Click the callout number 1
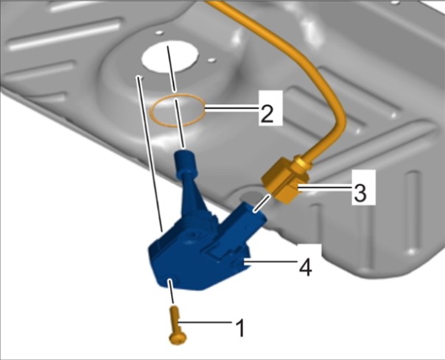click(240, 328)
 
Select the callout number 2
click(267, 113)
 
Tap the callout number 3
click(360, 192)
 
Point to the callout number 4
click(305, 267)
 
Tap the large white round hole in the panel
click(170, 56)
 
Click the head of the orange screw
click(178, 338)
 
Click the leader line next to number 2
click(232, 107)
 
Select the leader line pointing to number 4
click(268, 262)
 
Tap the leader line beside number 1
click(205, 322)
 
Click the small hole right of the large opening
click(211, 60)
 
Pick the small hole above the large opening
click(159, 33)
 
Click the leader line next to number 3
click(323, 187)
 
